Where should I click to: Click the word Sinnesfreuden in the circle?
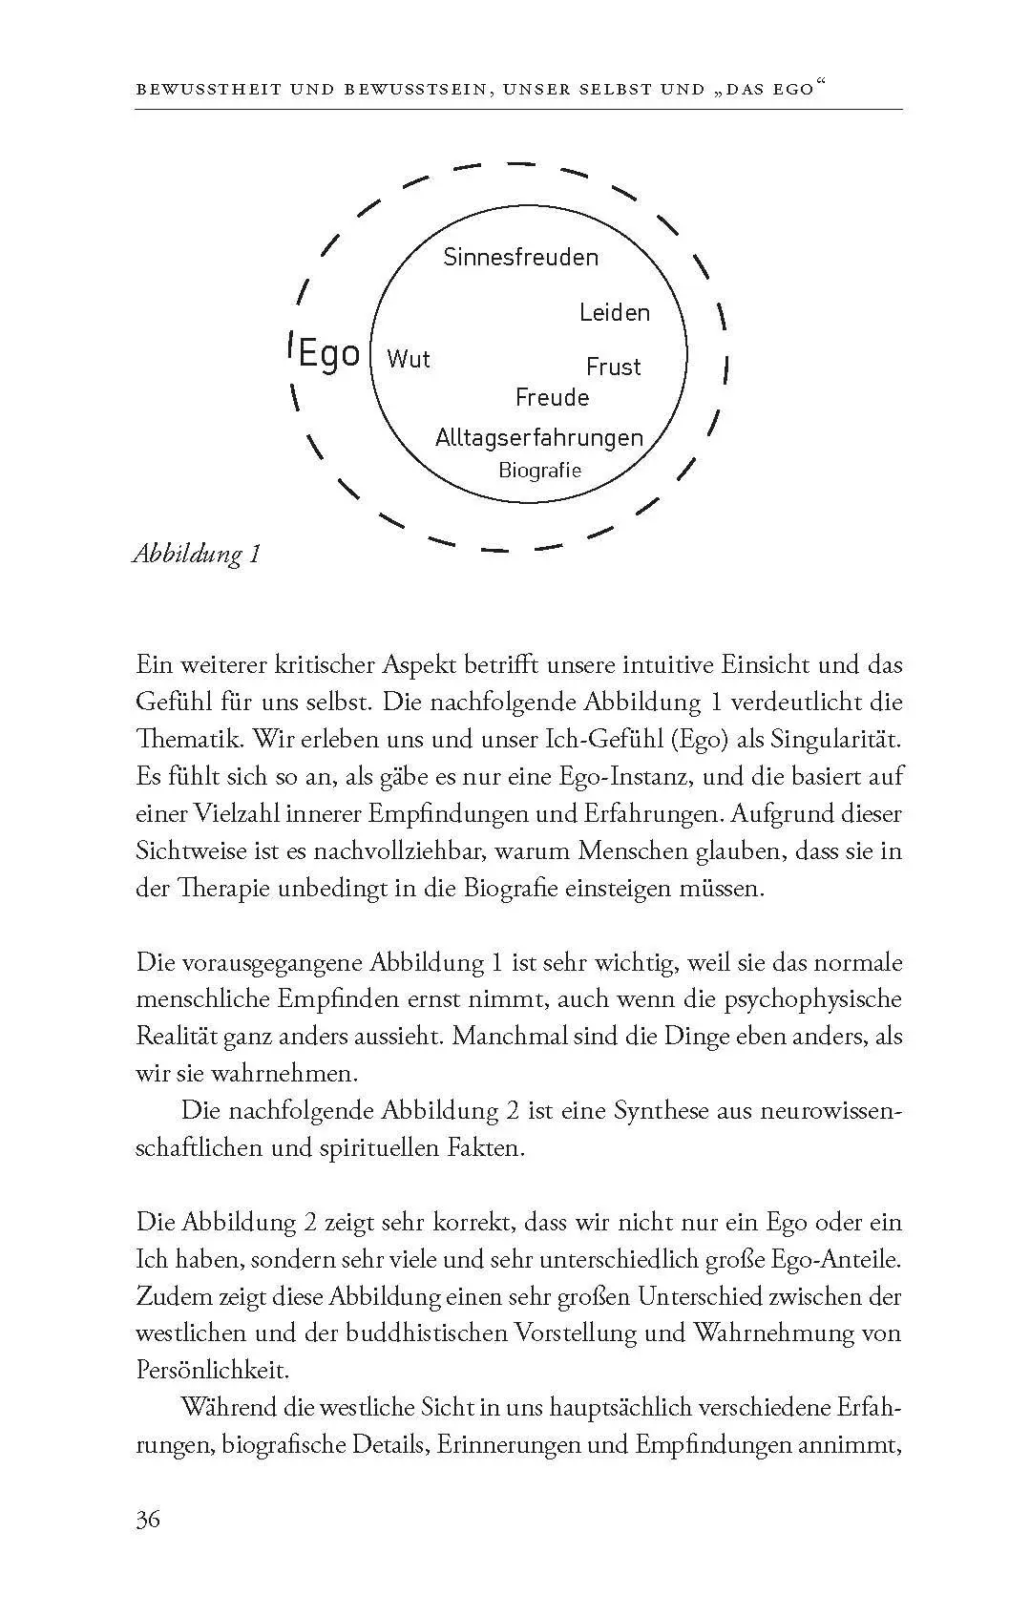520,258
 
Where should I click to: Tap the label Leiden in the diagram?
614,313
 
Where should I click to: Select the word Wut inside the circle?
409,360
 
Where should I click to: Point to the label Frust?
613,367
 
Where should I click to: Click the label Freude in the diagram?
552,398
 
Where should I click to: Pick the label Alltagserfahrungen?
539,438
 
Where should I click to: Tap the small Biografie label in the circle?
539,470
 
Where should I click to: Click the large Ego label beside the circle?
328,354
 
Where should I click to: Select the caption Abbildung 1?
197,555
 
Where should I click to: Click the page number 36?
148,1519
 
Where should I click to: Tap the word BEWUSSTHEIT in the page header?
208,90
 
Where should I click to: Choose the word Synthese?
662,1111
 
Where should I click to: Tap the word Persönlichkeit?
212,1371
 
